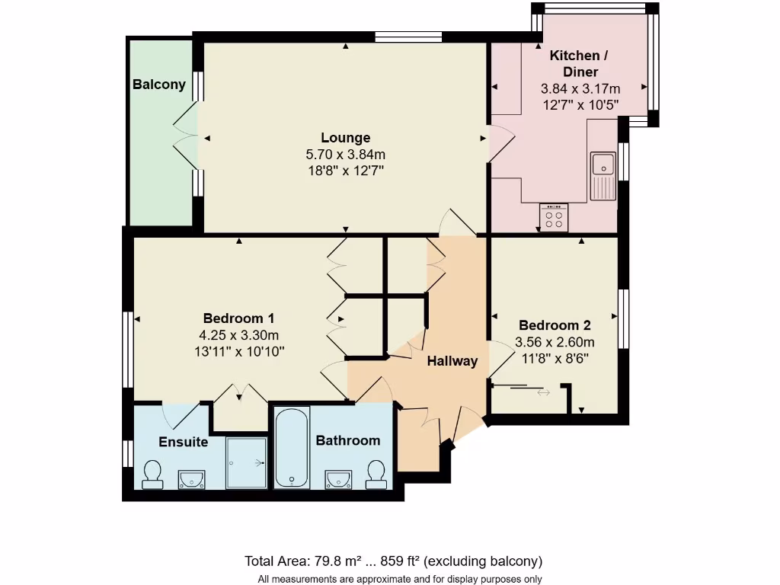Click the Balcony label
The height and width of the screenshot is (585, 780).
[159, 85]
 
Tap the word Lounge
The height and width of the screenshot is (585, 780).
[345, 138]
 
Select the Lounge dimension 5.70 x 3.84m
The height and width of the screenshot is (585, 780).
[345, 155]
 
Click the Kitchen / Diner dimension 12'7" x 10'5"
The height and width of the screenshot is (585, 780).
[580, 104]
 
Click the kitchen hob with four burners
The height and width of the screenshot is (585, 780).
[554, 217]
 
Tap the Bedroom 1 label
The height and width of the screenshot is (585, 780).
[238, 318]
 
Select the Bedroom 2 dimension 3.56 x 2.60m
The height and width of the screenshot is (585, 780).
[555, 342]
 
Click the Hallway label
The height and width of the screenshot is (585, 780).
[452, 361]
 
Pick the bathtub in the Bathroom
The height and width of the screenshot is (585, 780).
[292, 448]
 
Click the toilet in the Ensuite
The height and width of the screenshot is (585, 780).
[153, 474]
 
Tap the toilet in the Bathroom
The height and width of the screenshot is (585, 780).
[376, 474]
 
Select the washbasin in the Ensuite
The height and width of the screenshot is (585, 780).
[191, 478]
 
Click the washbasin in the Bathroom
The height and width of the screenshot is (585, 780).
[337, 478]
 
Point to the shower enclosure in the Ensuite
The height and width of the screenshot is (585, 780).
[247, 462]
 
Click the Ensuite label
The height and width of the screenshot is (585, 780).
[183, 443]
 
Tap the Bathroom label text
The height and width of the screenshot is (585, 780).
[347, 440]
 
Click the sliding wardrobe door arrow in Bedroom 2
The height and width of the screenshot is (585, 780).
[542, 392]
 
